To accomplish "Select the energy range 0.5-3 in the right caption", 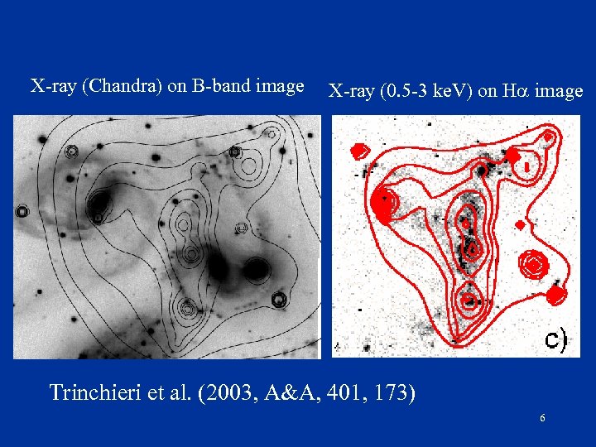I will coord(405,91).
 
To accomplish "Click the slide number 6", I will coord(542,419).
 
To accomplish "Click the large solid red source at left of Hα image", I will coord(384,203).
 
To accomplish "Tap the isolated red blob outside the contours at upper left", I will coord(359,151).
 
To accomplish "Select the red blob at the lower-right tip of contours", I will coord(555,294).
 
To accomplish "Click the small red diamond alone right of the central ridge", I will coord(520,224).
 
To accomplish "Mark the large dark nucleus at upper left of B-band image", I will coord(100,202).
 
